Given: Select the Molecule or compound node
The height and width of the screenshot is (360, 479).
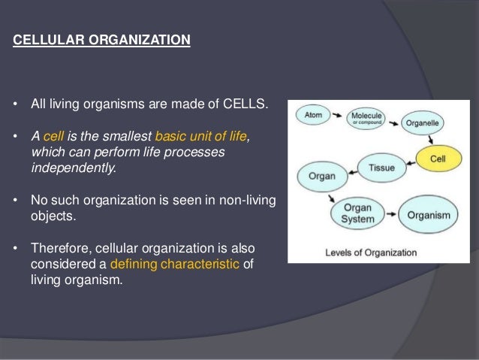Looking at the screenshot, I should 368,119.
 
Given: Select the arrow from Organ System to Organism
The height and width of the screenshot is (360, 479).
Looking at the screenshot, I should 389,214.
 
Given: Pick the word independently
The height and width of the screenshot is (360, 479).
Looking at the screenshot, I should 74,168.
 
